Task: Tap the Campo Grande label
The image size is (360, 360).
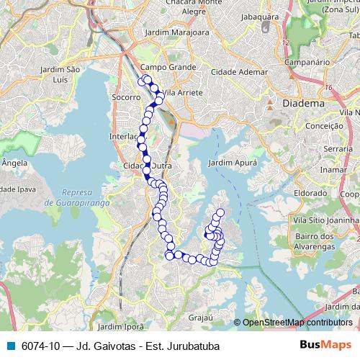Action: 168,67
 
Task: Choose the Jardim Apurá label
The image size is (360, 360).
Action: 232,163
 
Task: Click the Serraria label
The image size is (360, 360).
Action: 336,148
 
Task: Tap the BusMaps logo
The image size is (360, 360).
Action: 326,345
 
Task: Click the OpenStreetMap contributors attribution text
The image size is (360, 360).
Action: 297,323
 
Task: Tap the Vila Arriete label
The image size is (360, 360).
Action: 183,93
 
